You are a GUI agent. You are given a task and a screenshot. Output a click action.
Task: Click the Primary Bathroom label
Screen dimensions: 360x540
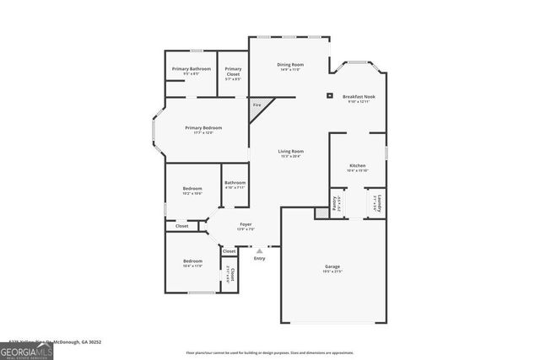point(192,68)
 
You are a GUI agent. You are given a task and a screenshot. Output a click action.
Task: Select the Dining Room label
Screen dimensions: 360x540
point(290,65)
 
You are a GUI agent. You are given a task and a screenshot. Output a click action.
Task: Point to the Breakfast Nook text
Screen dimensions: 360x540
point(359,97)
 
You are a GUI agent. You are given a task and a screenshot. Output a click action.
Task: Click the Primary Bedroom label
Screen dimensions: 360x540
point(203,127)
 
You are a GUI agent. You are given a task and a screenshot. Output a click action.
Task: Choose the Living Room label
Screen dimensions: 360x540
point(290,151)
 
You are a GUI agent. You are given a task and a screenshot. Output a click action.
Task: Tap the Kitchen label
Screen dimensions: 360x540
point(357,165)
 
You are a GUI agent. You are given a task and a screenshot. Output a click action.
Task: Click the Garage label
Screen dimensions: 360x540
point(332,266)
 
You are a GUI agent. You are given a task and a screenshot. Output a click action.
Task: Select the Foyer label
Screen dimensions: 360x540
point(246,224)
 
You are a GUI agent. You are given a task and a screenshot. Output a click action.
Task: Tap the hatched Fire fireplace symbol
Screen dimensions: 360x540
point(256,106)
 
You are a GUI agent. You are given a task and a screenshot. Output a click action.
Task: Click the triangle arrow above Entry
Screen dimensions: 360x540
point(260,250)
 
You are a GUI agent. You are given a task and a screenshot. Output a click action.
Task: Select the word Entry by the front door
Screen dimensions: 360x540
point(259,258)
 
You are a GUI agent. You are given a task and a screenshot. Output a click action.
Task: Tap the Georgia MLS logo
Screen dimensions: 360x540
point(26,349)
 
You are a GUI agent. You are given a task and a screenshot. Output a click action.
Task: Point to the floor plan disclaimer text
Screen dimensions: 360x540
point(270,352)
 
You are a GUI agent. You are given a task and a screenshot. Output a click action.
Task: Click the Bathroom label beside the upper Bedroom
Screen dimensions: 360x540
point(235,183)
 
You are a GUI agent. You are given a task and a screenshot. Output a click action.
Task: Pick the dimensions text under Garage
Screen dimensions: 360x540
point(332,271)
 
